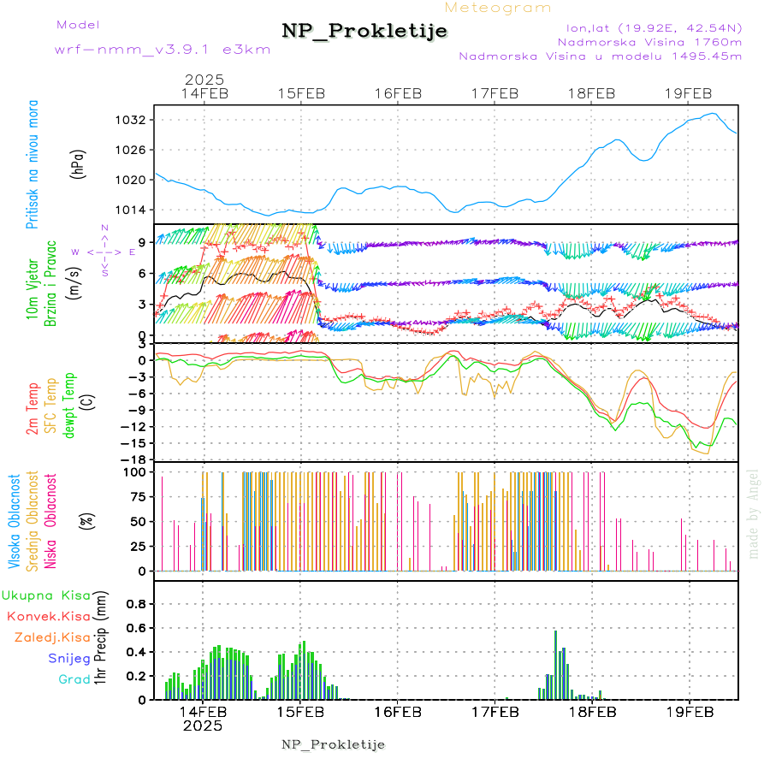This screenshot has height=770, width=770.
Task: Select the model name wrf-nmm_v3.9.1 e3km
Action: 163,50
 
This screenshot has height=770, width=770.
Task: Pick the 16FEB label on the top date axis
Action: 399,93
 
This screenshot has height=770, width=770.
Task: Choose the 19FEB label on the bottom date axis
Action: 689,711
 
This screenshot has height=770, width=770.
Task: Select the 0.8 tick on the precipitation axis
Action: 137,603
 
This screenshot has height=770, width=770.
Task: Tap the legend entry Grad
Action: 74,679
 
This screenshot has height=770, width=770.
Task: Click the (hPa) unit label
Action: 79,163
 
